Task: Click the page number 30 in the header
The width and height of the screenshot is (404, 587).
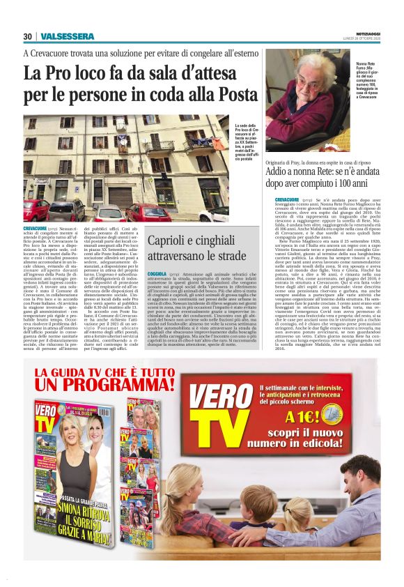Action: (27, 36)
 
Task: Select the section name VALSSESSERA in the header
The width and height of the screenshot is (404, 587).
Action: (68, 36)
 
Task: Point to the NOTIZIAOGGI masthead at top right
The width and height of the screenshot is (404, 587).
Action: (370, 33)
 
